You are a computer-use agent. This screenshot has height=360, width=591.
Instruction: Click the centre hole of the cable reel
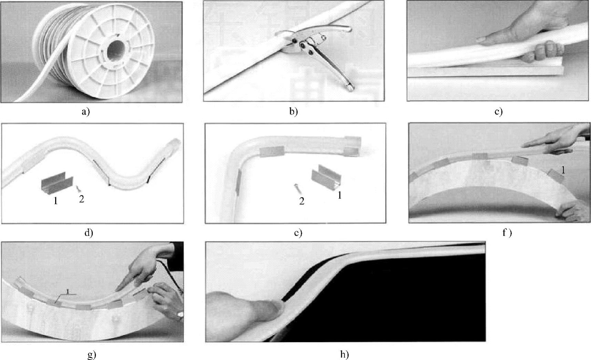(116, 52)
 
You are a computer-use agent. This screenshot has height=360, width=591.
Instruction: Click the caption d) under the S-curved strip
(89, 233)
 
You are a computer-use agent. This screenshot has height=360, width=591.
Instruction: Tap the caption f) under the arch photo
(507, 233)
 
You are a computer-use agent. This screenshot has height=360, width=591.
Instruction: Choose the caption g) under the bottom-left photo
(92, 354)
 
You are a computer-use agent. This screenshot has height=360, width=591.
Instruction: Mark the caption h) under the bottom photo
(345, 354)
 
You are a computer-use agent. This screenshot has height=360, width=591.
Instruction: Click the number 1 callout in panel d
(55, 200)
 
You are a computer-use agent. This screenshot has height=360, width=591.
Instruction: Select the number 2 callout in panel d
(81, 199)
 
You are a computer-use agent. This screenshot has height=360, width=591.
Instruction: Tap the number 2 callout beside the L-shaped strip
(302, 201)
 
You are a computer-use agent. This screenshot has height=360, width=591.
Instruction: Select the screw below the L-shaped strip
(297, 189)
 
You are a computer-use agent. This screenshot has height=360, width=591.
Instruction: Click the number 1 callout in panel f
(563, 170)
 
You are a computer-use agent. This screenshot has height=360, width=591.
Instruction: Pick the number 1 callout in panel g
(68, 291)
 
